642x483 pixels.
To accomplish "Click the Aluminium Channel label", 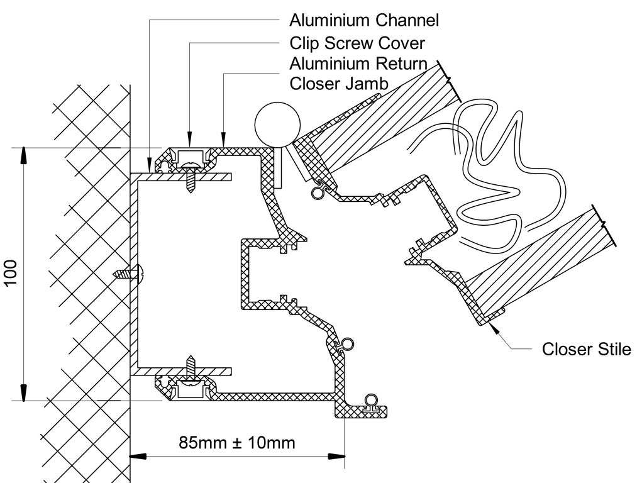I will click(364, 21).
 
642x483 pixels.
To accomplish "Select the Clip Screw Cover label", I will click(357, 43).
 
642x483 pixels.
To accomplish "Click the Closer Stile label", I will click(586, 350).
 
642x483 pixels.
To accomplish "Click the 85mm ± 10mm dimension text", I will click(237, 442).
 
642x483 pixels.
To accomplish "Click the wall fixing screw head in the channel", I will click(138, 274).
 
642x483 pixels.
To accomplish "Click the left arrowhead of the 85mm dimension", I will click(138, 455).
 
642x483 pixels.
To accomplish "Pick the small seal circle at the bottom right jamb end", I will click(372, 400).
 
